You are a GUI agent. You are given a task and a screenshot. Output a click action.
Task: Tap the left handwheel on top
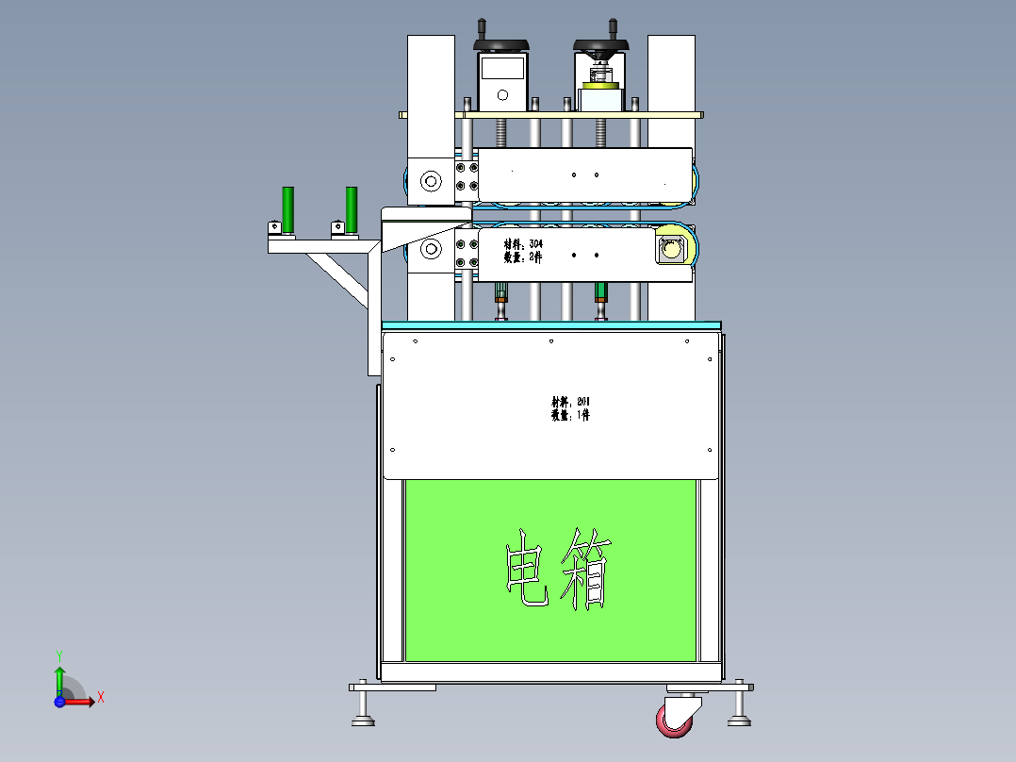click(x=500, y=44)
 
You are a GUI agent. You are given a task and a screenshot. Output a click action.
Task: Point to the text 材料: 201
click(x=571, y=402)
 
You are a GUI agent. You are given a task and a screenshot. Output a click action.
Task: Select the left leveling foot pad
click(x=362, y=722)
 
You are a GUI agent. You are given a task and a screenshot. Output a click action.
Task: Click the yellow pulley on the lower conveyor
click(x=671, y=250)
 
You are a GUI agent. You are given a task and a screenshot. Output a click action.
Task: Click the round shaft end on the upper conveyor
click(x=431, y=180)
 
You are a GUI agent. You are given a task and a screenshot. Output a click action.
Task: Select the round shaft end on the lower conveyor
click(x=431, y=250)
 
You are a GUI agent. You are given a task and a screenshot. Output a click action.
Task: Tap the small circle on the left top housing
click(x=502, y=94)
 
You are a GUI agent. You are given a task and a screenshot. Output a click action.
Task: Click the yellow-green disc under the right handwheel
click(x=599, y=86)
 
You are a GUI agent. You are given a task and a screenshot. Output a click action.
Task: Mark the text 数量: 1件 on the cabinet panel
click(x=571, y=415)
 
